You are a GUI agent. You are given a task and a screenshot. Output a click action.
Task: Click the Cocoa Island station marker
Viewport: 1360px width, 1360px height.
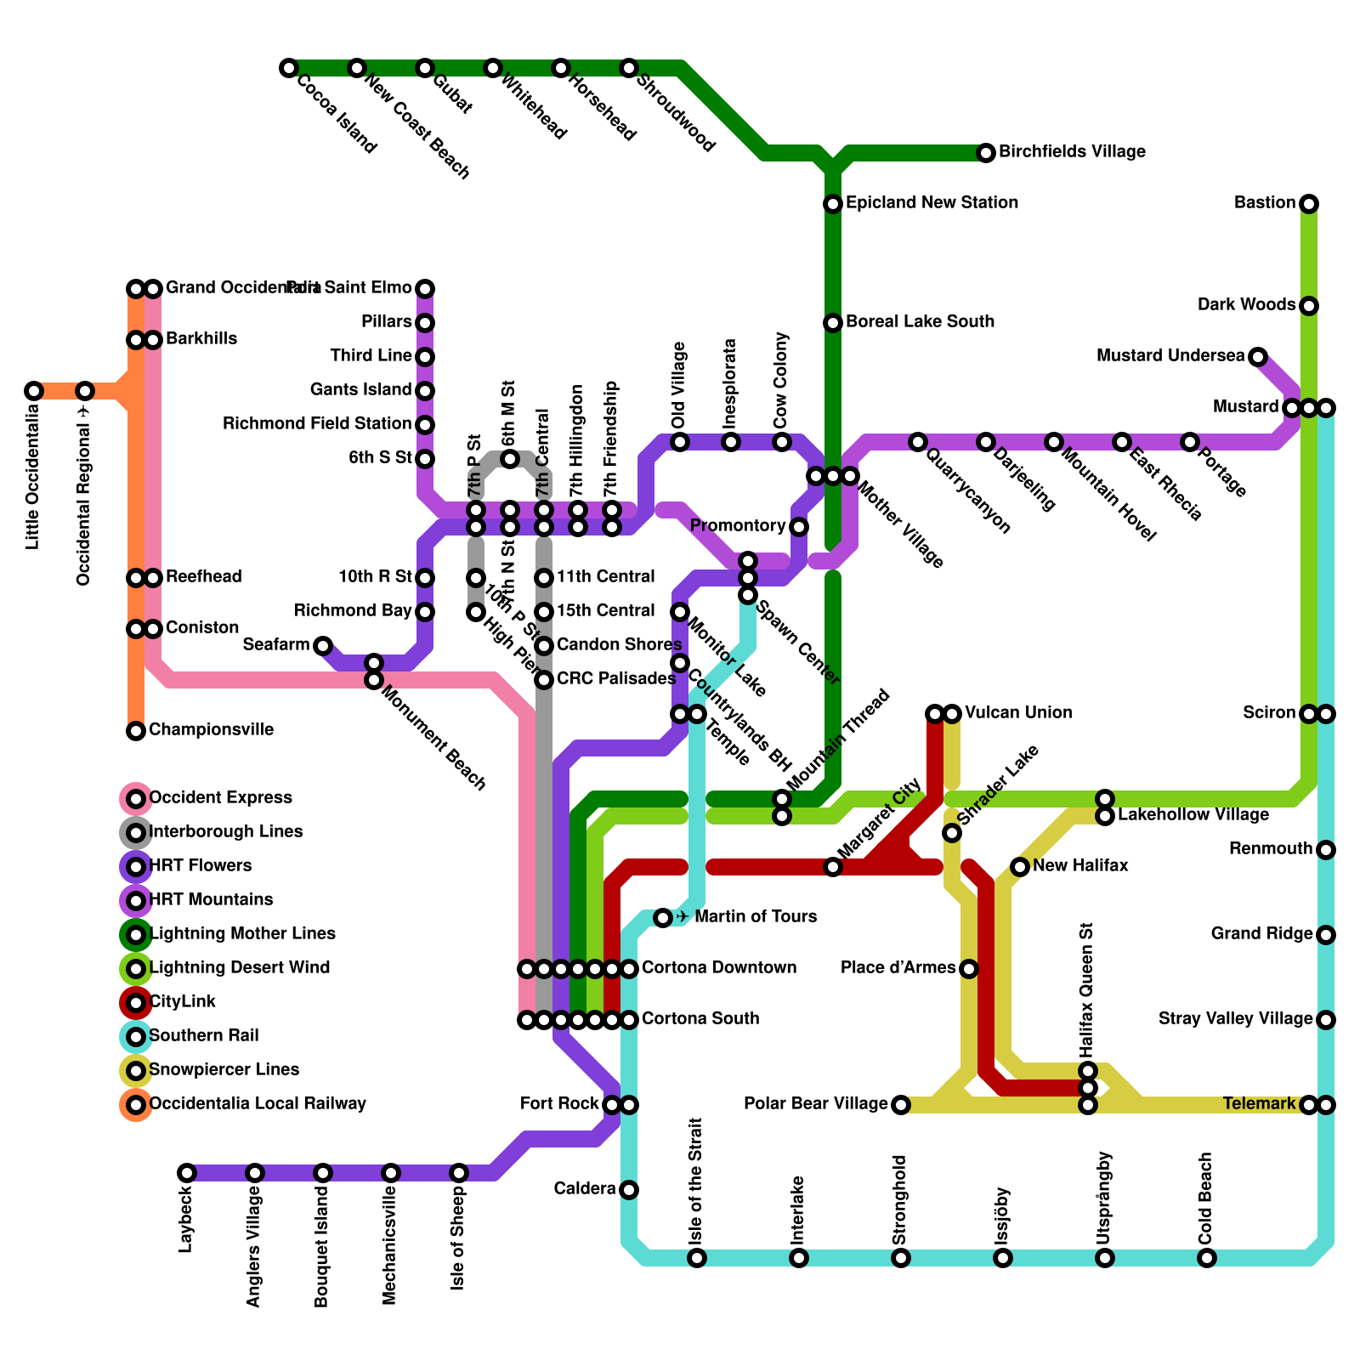289,68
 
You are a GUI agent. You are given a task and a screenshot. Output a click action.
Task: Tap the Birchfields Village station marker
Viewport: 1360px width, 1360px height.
986,153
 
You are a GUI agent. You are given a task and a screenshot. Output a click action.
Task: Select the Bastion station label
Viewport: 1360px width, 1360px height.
1265,203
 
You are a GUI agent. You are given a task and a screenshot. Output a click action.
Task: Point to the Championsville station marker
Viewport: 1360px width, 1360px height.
136,731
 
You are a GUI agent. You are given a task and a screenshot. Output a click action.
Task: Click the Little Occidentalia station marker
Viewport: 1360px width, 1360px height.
34,391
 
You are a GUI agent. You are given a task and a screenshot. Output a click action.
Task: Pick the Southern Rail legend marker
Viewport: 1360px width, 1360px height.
136,1037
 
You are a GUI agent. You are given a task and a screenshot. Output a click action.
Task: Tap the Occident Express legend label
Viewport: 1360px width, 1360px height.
220,798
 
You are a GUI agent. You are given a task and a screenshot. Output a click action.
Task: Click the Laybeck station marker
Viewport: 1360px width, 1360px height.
187,1173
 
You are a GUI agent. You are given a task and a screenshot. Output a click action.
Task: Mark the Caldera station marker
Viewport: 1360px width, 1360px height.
629,1190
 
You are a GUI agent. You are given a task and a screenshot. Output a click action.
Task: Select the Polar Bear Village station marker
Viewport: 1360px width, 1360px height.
901,1105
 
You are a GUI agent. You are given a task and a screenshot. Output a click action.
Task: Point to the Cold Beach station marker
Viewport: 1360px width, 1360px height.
1207,1258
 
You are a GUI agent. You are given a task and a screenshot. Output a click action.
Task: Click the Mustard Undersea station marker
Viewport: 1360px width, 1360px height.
1258,357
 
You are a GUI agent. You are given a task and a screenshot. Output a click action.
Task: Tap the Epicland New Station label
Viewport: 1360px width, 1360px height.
932,203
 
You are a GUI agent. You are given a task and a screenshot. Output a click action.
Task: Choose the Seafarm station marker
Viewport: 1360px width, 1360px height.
323,646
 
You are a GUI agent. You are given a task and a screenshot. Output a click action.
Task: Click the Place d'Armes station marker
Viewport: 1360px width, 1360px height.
969,969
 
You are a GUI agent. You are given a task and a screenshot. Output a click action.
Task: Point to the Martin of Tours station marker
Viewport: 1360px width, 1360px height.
663,918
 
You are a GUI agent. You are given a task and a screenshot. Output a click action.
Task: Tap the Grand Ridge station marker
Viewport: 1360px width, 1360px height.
1326,935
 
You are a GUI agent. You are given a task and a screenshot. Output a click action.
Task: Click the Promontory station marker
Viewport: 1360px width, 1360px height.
799,527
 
